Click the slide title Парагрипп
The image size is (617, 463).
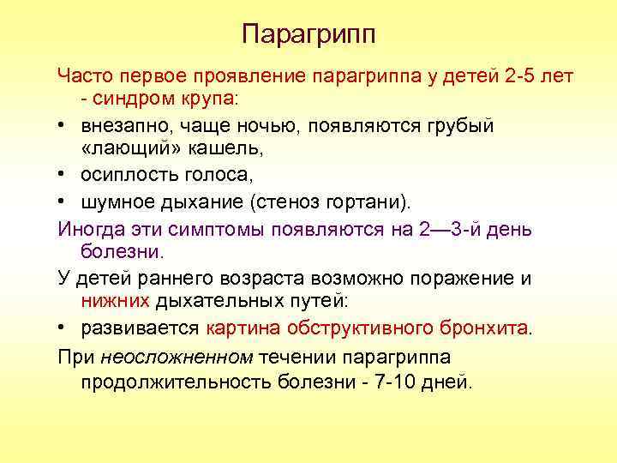308,34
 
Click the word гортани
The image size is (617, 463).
378,202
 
